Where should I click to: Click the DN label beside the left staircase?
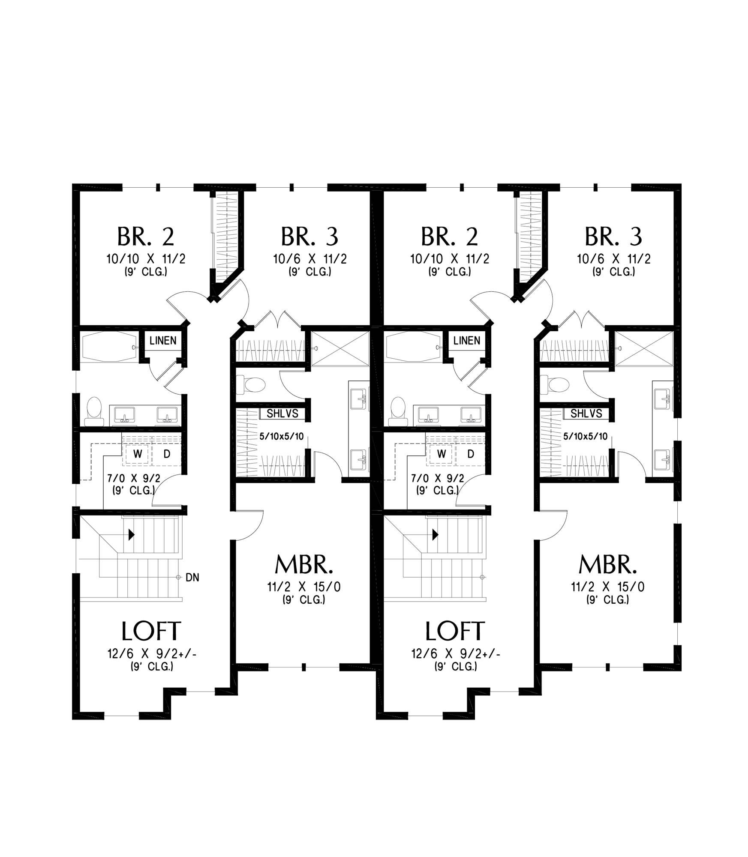(x=192, y=578)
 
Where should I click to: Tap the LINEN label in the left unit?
(x=163, y=341)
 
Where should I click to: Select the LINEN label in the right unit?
(x=467, y=341)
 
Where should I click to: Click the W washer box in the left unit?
(x=138, y=454)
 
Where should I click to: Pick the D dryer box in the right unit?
(x=471, y=454)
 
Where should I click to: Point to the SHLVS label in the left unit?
(x=282, y=414)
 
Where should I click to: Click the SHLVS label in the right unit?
(x=586, y=414)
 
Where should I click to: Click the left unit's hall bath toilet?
(x=94, y=412)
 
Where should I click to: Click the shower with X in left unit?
(x=339, y=348)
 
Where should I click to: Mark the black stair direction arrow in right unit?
(x=436, y=535)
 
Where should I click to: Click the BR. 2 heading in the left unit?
(x=146, y=237)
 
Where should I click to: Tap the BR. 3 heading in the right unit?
(x=613, y=237)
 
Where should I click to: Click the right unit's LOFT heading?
(x=455, y=631)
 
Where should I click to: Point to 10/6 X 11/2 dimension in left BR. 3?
(x=310, y=259)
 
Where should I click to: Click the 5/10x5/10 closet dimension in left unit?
(x=282, y=437)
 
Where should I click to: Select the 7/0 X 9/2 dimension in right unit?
(x=437, y=478)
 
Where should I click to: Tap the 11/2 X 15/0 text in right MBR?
(x=607, y=587)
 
